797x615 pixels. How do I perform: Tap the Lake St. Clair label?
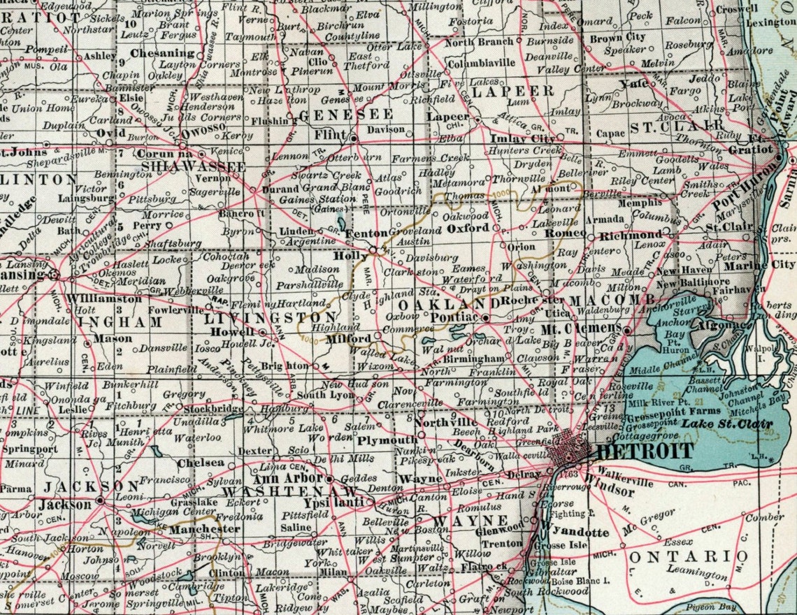[x=728, y=424]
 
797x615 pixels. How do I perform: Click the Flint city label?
[x=333, y=133]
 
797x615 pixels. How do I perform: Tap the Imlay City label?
[x=523, y=138]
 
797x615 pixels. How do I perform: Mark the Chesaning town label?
[x=163, y=53]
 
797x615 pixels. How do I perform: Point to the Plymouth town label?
[x=387, y=441]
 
